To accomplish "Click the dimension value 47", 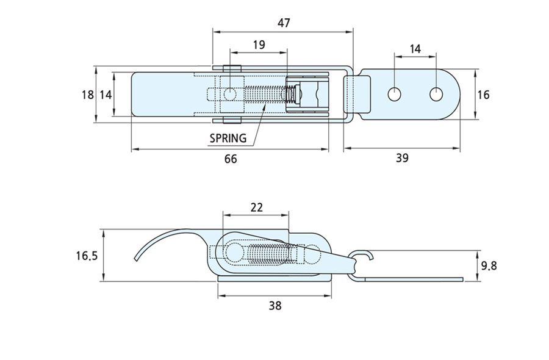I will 283,23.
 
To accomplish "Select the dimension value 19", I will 258,45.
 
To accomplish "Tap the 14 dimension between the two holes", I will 415,49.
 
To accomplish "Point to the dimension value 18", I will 88,95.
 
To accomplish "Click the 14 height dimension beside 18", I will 106,95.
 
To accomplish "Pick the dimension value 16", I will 484,95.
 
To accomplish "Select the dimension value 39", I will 401,158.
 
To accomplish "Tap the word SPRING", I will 228,138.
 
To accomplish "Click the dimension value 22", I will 256,207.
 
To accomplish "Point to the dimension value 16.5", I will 87,256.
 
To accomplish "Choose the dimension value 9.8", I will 490,265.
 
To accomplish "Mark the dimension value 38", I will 275,306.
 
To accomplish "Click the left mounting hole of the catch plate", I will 395,95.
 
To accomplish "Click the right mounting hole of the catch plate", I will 437,95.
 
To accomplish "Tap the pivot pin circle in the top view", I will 229,95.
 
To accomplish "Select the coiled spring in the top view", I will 265,95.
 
